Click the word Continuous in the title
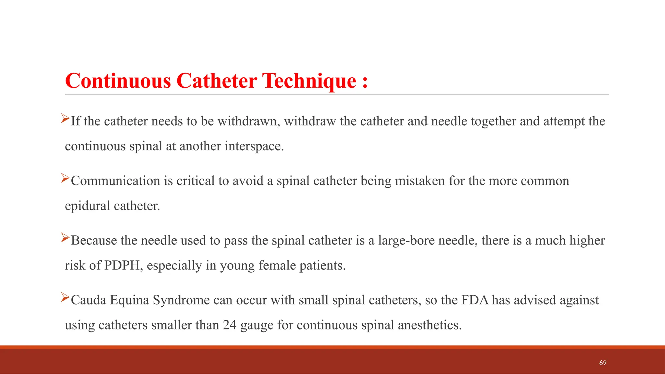[x=118, y=81]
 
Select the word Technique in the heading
[x=309, y=81]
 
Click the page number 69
[x=603, y=363]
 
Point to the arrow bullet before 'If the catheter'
[x=65, y=118]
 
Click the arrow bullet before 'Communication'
[x=65, y=178]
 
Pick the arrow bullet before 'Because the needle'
[x=65, y=238]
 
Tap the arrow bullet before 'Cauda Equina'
[x=65, y=297]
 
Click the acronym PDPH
[x=122, y=265]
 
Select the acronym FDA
[x=475, y=300]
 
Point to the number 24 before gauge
[x=230, y=325]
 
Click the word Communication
[x=115, y=181]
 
